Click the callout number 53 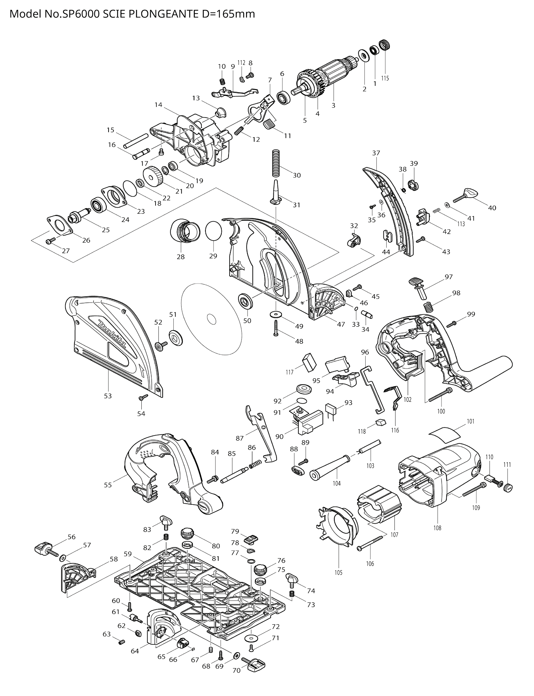pos(108,396)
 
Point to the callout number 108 pos(437,528)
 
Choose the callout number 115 pos(385,78)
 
